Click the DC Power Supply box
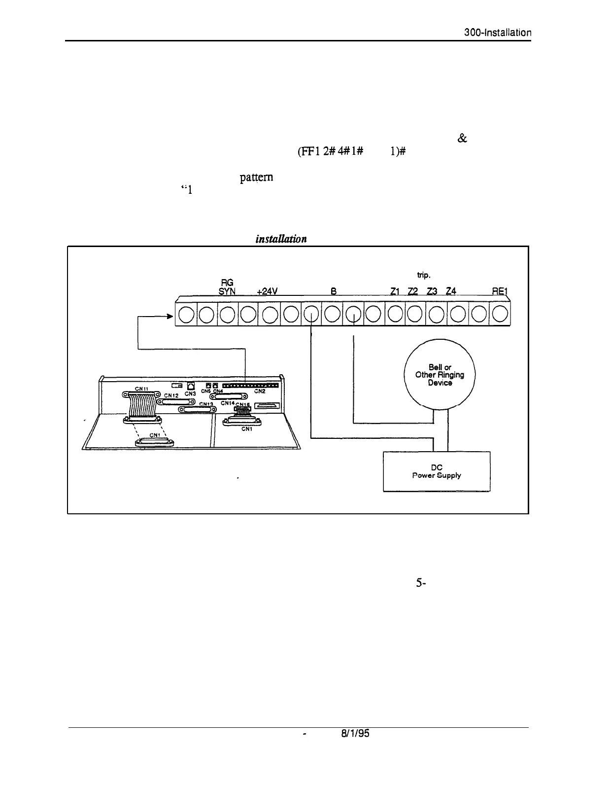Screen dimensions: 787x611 pos(437,471)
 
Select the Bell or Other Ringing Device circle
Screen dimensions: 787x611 pos(440,374)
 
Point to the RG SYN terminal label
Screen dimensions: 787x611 pos(227,287)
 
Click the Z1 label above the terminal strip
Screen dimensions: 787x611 pos(394,291)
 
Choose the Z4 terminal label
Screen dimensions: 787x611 pos(451,291)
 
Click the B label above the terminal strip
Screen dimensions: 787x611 pos(334,291)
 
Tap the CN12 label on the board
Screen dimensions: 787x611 pos(171,395)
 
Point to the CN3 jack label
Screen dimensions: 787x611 pos(191,393)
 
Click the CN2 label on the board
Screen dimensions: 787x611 pos(260,391)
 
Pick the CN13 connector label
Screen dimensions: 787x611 pos(206,403)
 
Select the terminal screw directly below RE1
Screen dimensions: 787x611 pos(500,315)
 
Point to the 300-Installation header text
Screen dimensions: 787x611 pos(498,33)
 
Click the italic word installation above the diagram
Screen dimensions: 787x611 pos(281,239)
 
